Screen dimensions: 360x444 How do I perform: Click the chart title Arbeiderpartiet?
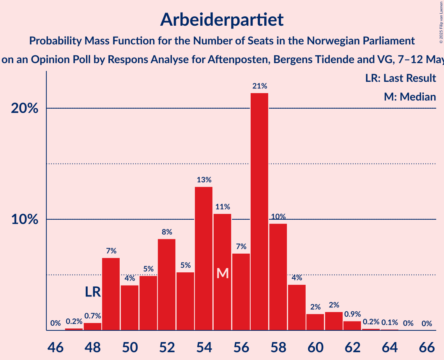click(x=222, y=19)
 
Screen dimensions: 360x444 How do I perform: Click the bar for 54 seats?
click(x=203, y=259)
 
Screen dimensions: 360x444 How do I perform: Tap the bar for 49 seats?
click(x=111, y=294)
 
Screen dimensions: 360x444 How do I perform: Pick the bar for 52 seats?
click(x=166, y=284)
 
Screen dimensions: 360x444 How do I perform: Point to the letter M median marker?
click(x=222, y=273)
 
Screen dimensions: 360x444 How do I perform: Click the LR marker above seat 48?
click(x=93, y=292)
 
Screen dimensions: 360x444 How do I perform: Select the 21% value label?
click(x=259, y=86)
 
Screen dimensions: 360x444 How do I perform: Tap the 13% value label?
click(x=203, y=180)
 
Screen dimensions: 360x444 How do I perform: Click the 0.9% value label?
click(x=352, y=314)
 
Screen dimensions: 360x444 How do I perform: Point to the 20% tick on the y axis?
click(x=25, y=108)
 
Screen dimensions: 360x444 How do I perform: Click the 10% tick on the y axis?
click(x=25, y=219)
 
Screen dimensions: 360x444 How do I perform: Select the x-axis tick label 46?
click(x=55, y=346)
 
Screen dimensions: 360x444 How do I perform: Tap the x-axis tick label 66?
click(x=426, y=346)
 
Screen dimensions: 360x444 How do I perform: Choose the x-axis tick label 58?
click(x=278, y=346)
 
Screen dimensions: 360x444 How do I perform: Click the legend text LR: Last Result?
click(x=400, y=78)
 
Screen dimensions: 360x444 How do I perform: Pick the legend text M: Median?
click(x=410, y=97)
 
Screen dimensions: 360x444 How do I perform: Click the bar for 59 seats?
click(x=297, y=307)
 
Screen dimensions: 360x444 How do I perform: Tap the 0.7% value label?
click(x=92, y=316)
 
